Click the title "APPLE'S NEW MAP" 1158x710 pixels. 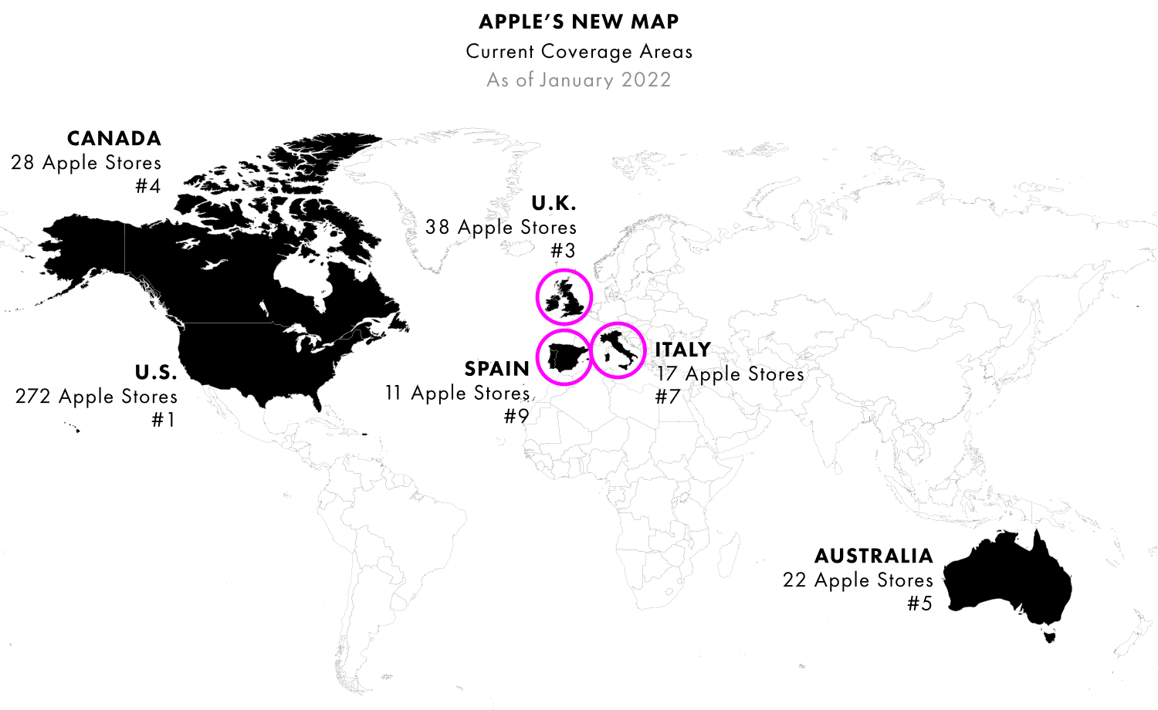click(579, 22)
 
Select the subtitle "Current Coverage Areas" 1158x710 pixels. click(579, 52)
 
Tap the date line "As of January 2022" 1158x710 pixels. click(579, 79)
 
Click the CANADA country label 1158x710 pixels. click(114, 139)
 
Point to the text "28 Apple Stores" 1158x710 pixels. click(86, 163)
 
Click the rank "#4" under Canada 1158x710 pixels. click(147, 186)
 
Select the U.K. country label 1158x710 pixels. click(554, 204)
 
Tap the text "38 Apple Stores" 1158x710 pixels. click(501, 228)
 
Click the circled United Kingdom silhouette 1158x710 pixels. click(564, 298)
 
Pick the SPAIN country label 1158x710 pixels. click(497, 369)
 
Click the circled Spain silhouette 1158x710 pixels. click(564, 357)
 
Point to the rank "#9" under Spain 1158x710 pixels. click(516, 417)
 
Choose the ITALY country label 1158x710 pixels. click(682, 350)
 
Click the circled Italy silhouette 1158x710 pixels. click(619, 350)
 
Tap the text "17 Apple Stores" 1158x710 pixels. click(730, 374)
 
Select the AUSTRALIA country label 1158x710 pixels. click(874, 556)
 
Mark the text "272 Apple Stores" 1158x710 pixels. click(96, 397)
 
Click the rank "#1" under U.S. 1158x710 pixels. click(164, 420)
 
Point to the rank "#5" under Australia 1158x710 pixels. click(919, 603)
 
